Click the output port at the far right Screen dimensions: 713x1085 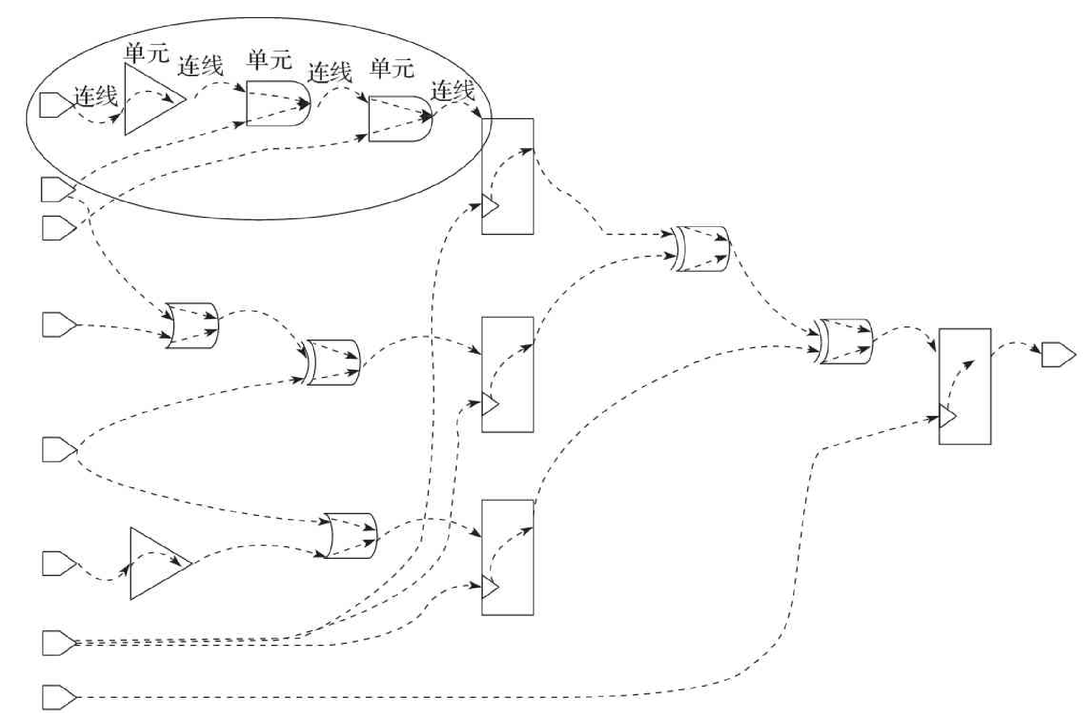coord(1057,355)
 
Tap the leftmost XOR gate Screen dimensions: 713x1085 coord(333,362)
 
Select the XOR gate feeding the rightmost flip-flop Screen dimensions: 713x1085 coord(845,341)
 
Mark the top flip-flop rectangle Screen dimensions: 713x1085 coord(507,176)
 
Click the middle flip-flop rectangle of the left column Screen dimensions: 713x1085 coord(507,374)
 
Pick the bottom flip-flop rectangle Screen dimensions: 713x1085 coord(507,557)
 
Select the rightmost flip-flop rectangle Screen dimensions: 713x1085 coord(964,386)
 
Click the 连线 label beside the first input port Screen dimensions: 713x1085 coord(95,96)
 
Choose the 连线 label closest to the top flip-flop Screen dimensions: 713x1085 coord(452,91)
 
